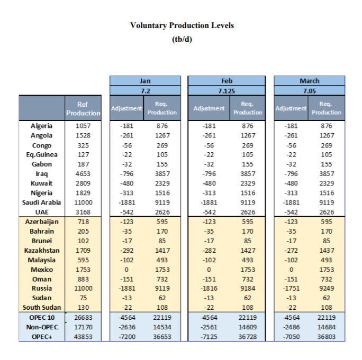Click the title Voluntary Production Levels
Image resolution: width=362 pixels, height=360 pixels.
point(182,25)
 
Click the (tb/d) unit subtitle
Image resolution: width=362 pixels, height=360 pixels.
point(182,40)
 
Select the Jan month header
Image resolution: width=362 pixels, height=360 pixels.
point(145,81)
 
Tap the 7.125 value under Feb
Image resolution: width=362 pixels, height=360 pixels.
point(227,90)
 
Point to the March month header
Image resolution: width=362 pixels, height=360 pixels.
point(309,81)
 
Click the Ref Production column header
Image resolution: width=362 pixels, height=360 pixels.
point(83,108)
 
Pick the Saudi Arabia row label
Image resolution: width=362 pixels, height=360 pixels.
point(41,202)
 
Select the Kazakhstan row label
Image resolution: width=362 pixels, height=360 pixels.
point(41,250)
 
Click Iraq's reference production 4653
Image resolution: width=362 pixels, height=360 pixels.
point(83,173)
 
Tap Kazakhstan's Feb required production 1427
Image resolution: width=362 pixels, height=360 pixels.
point(248,250)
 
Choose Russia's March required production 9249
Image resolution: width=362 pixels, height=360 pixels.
point(327,288)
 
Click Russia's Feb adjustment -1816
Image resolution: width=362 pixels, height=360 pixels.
point(209,288)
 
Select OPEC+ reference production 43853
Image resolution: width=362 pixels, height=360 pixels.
point(83,336)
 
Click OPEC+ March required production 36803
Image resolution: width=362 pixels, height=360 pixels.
point(327,336)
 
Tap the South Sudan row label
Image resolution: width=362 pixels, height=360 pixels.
point(41,307)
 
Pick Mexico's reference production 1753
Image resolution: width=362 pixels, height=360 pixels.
point(83,269)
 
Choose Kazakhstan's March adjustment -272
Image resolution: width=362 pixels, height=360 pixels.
point(291,250)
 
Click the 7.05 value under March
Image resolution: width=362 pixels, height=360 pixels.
point(309,90)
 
